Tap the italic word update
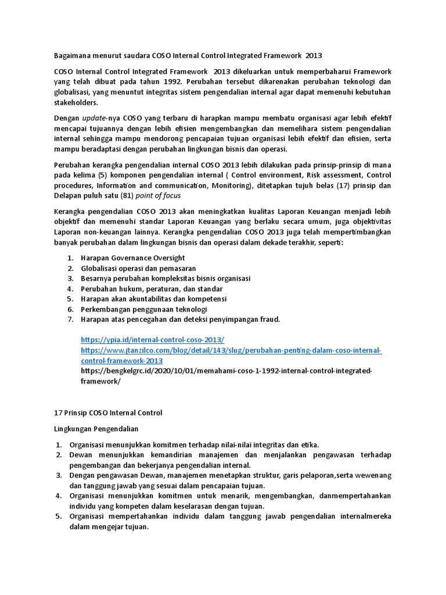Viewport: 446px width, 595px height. click(94, 118)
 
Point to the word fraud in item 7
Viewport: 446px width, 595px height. click(269, 319)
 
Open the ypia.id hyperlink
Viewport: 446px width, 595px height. click(152, 339)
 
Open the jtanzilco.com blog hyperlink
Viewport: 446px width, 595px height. click(231, 350)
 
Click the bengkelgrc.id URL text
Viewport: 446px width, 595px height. click(226, 371)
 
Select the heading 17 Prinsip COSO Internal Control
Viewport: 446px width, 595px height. click(107, 413)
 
